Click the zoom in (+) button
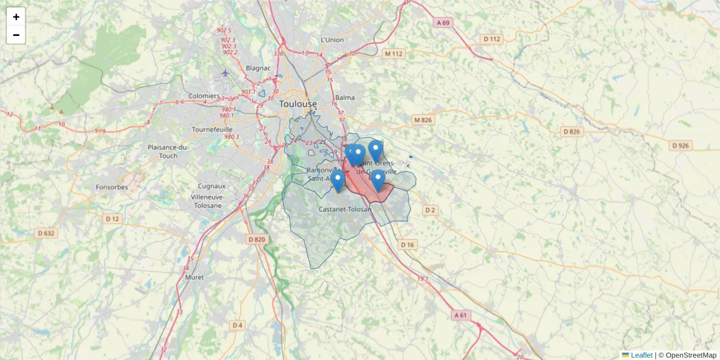click(16, 17)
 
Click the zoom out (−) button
click(16, 35)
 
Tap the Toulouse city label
click(298, 104)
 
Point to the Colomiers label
click(204, 96)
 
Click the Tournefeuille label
click(211, 129)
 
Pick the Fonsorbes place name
click(112, 187)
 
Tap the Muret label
click(194, 277)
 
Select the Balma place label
click(345, 97)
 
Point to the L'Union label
click(332, 40)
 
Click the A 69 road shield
click(443, 23)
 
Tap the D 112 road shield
click(491, 39)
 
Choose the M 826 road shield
click(423, 120)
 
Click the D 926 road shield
click(681, 145)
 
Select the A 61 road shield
click(460, 315)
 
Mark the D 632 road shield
click(46, 233)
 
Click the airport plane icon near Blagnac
click(225, 73)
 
